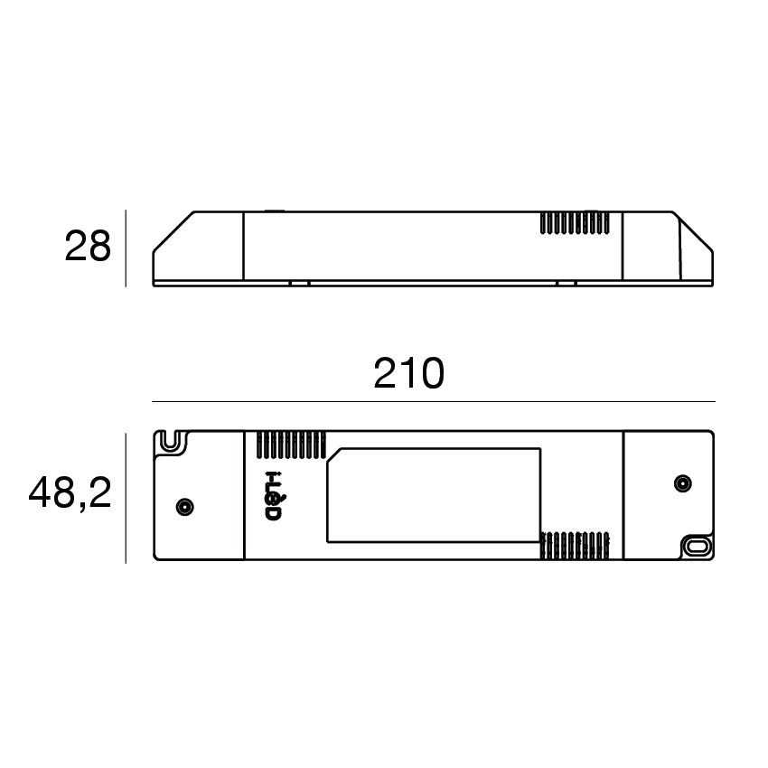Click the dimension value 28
(x=89, y=247)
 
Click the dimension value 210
(x=409, y=374)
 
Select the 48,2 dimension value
(x=70, y=493)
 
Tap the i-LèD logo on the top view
(x=273, y=497)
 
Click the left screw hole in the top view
(x=184, y=507)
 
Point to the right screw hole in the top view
(x=683, y=484)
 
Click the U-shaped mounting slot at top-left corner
(x=170, y=441)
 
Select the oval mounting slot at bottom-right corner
(x=697, y=546)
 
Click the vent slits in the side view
(x=575, y=223)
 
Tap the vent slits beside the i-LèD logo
(x=291, y=445)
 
